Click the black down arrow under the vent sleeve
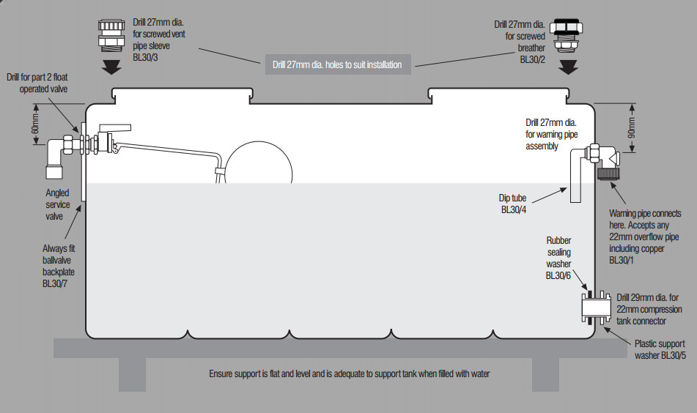(x=113, y=67)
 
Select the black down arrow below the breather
(x=568, y=67)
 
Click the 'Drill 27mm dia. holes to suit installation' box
(x=336, y=64)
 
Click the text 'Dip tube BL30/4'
(x=514, y=203)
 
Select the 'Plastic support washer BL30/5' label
(x=660, y=350)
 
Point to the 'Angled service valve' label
(x=59, y=205)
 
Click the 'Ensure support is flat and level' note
(x=349, y=373)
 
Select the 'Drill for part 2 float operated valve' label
(x=37, y=83)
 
